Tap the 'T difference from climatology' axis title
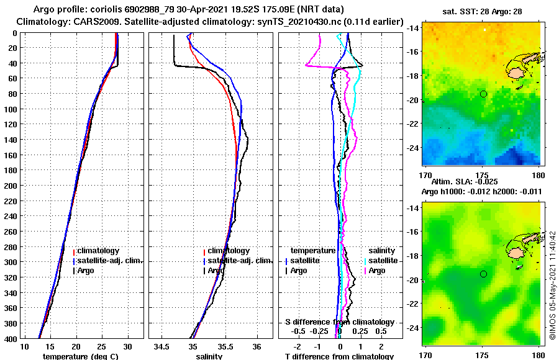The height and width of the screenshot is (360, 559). click(339, 356)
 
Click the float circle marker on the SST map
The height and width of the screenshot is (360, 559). click(483, 94)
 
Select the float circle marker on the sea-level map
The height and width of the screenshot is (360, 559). click(483, 274)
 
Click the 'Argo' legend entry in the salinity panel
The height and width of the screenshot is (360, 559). click(216, 271)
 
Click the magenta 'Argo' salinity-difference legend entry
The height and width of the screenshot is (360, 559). click(377, 271)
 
